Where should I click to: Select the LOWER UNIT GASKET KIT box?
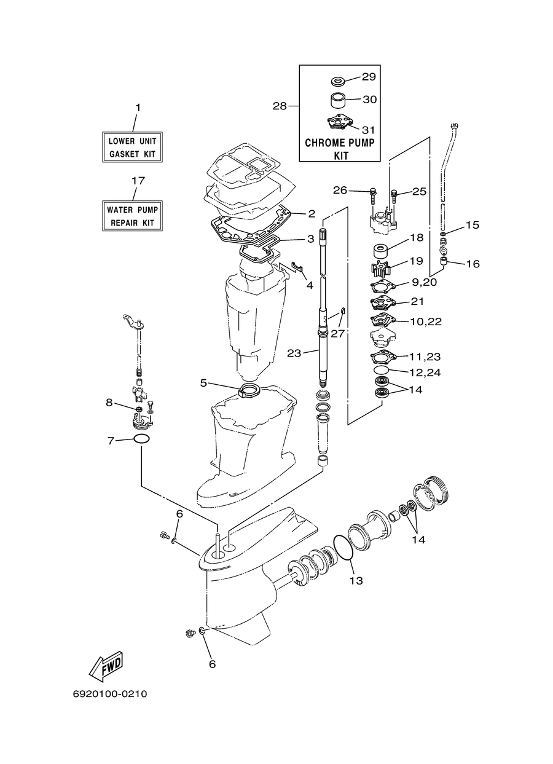(132, 147)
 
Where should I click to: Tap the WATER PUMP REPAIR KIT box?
(132, 216)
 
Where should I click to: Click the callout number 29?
(369, 77)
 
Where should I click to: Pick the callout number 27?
(338, 333)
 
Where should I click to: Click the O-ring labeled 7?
(141, 439)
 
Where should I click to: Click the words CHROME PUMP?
(340, 143)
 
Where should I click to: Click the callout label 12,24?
(425, 372)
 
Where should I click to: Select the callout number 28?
(280, 106)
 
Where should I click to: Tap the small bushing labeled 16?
(444, 262)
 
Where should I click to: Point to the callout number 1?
(138, 108)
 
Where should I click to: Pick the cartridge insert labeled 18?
(380, 252)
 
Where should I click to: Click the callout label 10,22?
(425, 321)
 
